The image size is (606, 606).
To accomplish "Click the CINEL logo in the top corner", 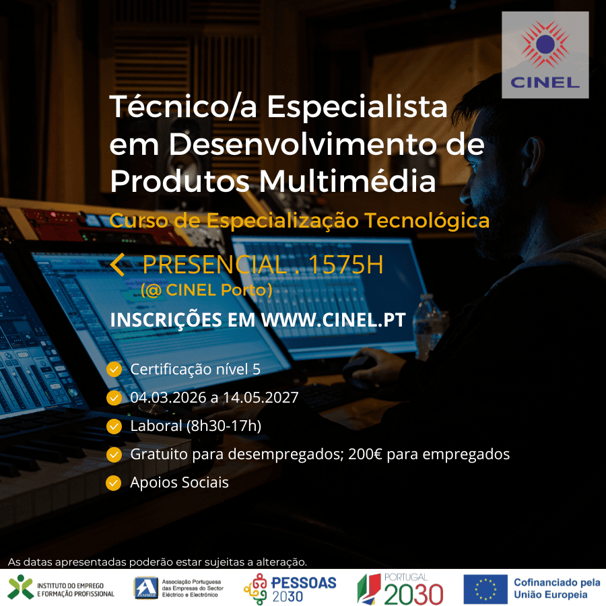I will click(545, 55).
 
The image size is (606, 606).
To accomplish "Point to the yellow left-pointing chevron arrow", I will click(117, 265).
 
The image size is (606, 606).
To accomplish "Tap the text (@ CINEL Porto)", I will click(206, 290).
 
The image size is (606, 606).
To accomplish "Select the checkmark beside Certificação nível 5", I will click(114, 369).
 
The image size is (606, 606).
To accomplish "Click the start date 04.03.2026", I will click(168, 397).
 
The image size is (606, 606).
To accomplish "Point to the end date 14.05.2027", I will click(260, 397).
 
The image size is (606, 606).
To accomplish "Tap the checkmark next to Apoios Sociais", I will click(114, 483).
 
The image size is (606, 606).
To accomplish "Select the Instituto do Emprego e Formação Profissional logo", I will click(61, 587).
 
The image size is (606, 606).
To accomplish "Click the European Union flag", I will click(485, 588).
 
